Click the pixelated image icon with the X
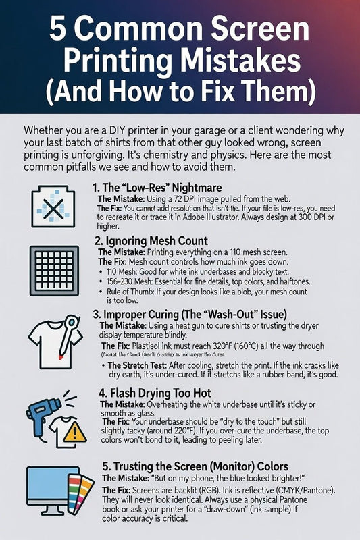[50, 202]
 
